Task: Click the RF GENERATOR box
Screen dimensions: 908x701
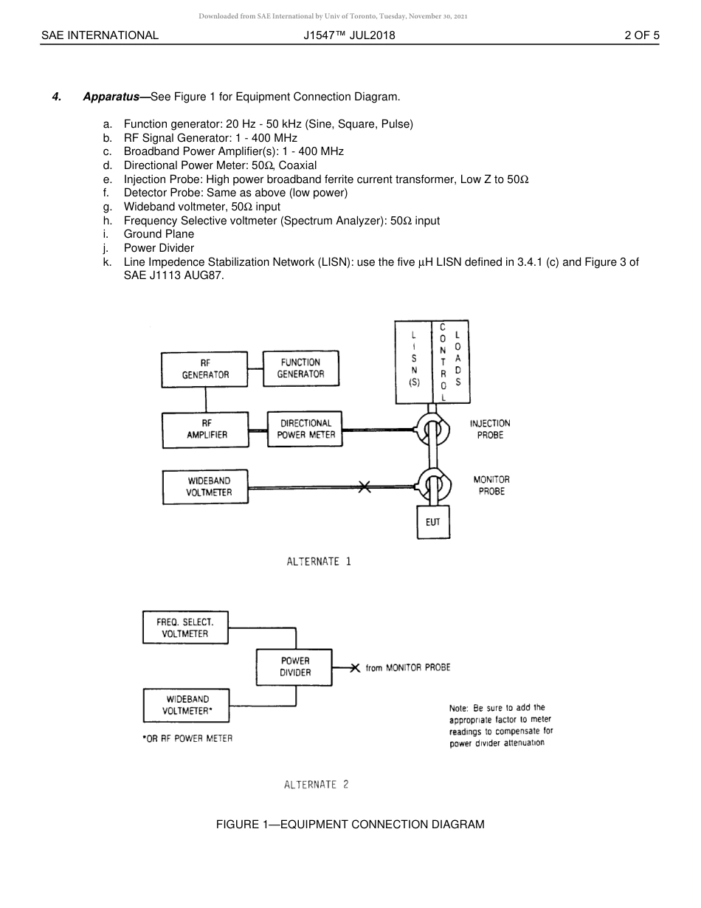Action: [x=205, y=369]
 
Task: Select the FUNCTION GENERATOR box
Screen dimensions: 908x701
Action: [x=300, y=368]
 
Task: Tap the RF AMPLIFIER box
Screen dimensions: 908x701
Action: [x=206, y=430]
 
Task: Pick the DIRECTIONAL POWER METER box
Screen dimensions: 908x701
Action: [x=305, y=430]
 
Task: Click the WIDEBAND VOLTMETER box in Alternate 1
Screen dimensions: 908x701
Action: [x=206, y=487]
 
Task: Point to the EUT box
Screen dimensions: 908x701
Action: [x=433, y=522]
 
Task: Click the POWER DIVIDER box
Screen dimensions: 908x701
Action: [x=294, y=667]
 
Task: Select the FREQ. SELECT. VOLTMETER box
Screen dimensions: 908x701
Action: [x=185, y=628]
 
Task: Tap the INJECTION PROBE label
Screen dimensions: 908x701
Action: [x=490, y=429]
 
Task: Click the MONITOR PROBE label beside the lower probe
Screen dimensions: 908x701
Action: [x=491, y=485]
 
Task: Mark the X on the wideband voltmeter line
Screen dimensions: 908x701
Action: [x=365, y=486]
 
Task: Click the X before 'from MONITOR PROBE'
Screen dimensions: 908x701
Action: [x=355, y=667]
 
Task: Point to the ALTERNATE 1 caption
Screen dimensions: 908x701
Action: [x=319, y=562]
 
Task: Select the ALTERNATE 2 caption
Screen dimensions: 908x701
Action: [x=317, y=785]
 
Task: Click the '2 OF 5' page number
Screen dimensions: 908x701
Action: [x=641, y=35]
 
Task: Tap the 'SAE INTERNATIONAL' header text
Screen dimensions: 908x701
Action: [x=100, y=35]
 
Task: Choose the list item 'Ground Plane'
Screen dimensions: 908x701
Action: [x=159, y=234]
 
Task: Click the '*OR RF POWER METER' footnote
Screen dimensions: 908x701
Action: [x=187, y=738]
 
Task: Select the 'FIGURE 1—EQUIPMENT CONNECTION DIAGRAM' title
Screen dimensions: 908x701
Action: [x=350, y=825]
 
